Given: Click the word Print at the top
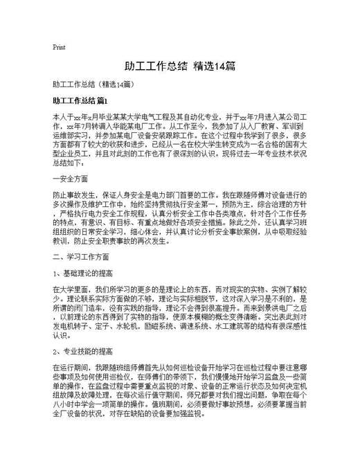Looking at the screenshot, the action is (x=59, y=47).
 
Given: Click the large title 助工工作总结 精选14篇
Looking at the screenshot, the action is (x=179, y=66).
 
